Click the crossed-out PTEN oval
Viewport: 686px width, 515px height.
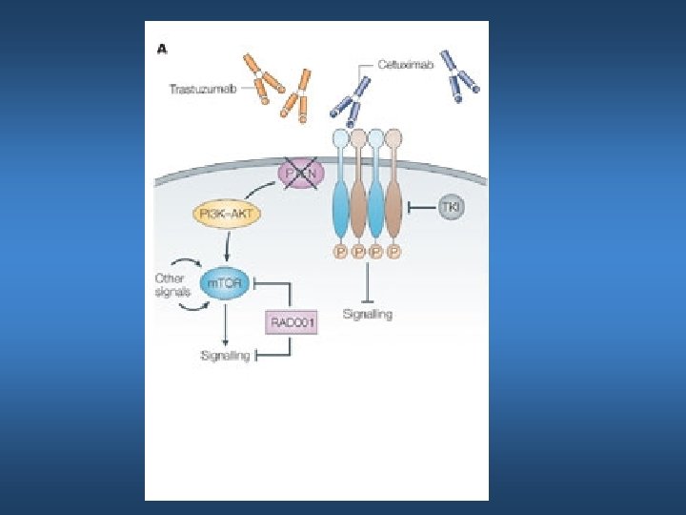tap(301, 175)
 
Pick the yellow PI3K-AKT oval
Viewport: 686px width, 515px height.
tap(226, 213)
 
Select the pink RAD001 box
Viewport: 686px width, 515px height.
tap(291, 322)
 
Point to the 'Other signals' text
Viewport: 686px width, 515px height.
tap(173, 284)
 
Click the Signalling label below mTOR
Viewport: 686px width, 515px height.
tap(224, 355)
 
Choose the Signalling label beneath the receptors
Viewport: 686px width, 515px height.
tap(367, 314)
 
